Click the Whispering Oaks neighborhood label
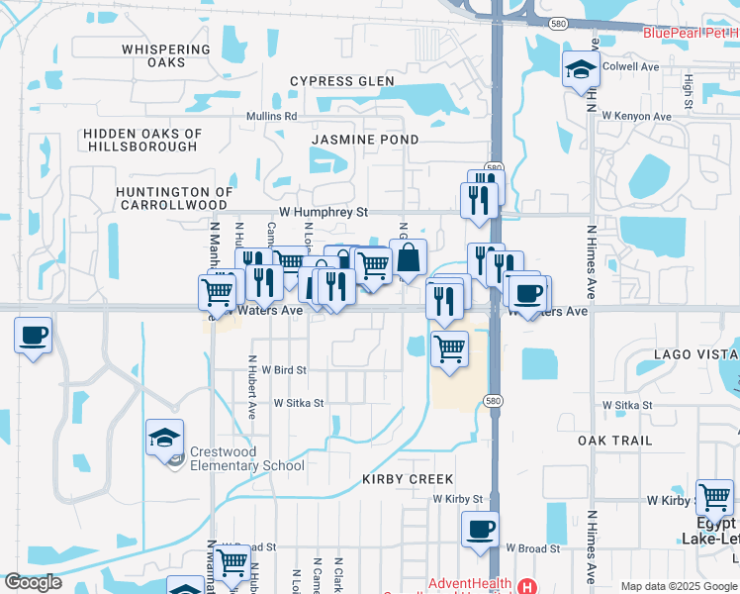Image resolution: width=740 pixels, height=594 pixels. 166,55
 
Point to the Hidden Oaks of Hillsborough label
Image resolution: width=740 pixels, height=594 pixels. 142,140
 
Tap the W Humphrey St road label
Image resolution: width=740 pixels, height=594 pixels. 323,212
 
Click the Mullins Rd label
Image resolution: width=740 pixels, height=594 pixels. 271,116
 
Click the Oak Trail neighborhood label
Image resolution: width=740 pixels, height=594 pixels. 615,441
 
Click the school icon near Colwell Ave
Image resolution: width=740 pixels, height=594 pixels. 580,69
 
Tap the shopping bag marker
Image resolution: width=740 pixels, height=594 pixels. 408,258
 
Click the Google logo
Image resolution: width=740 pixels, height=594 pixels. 33,582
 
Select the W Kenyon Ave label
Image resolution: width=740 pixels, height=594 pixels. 638,117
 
